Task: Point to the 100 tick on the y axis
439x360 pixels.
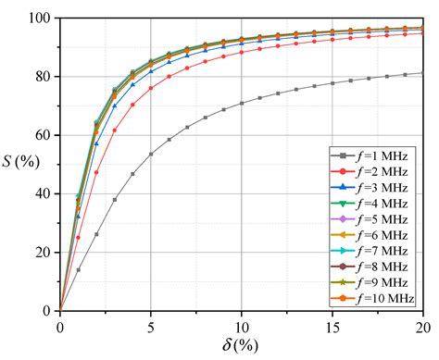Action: point(39,18)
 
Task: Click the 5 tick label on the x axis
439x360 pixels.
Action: point(151,326)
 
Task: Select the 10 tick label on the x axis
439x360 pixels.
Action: point(242,326)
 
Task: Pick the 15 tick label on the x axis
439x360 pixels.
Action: point(332,326)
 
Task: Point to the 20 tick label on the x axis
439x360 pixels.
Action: point(422,326)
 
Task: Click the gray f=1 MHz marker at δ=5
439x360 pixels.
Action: point(151,154)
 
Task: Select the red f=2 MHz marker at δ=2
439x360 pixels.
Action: point(96,172)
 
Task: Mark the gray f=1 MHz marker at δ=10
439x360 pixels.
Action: point(242,103)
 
